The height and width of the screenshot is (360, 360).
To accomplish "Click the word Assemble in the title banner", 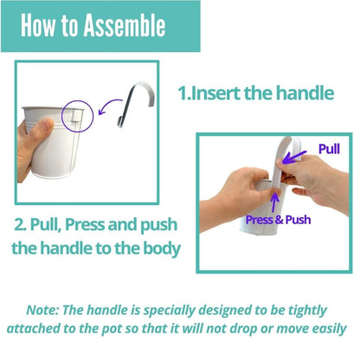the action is (x=125, y=25).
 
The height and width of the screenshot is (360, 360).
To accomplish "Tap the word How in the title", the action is (x=38, y=25).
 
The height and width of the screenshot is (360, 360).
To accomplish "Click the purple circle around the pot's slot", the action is (x=62, y=116).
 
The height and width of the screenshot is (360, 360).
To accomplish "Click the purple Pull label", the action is (x=329, y=149).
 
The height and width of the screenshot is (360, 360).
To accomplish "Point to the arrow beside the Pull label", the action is (x=293, y=157).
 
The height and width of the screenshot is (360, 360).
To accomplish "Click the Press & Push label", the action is (x=278, y=220).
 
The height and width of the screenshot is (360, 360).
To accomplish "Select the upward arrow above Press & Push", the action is (x=275, y=202).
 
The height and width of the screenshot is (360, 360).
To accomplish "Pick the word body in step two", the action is (x=162, y=248).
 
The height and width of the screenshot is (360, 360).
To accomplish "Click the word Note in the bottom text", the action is (x=42, y=310).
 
